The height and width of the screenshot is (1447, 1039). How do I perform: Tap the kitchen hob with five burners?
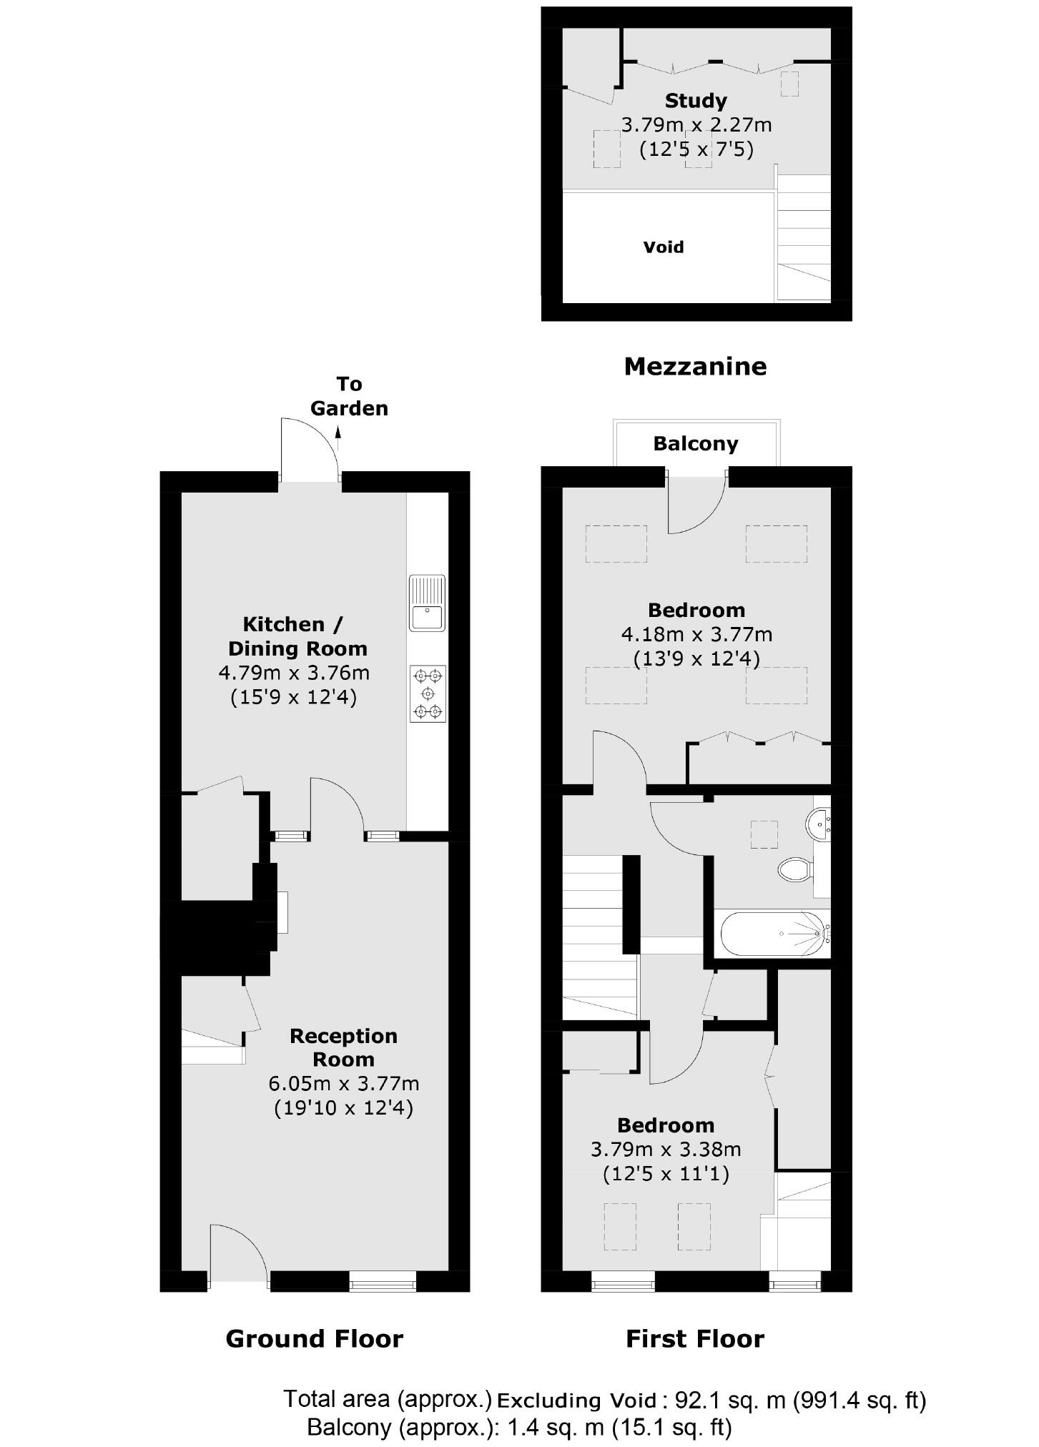[428, 693]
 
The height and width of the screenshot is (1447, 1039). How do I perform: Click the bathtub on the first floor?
[774, 933]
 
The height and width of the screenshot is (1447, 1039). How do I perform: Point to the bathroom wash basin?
[818, 824]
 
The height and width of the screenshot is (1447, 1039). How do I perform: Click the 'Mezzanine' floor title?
[695, 366]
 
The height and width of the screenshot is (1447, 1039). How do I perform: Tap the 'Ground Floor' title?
[314, 1338]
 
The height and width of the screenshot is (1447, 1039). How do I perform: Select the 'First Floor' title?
[695, 1338]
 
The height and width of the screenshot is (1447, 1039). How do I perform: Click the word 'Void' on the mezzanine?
[664, 247]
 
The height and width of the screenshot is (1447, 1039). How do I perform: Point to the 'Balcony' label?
[695, 444]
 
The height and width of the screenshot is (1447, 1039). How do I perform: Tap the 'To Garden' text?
[349, 396]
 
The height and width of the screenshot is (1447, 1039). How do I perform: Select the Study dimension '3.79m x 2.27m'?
[696, 125]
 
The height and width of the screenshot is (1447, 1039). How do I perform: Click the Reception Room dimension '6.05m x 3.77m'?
[344, 1084]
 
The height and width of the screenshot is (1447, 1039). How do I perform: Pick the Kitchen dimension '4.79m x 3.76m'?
[294, 673]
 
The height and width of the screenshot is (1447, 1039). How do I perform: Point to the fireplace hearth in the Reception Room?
[283, 912]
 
